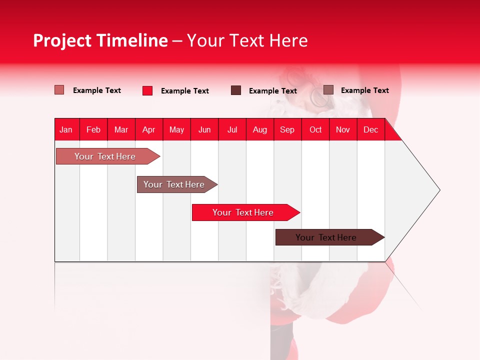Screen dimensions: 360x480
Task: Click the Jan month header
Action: click(x=66, y=130)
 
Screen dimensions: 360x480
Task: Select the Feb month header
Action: click(x=93, y=130)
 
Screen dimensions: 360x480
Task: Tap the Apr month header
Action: click(x=149, y=130)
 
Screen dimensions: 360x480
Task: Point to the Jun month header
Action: click(x=204, y=130)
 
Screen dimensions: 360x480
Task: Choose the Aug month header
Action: click(x=260, y=130)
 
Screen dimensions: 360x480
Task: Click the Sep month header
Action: click(x=287, y=130)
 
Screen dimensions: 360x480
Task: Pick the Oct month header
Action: click(x=315, y=130)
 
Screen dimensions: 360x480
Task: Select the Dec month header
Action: click(x=371, y=130)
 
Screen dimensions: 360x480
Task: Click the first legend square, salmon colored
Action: click(x=59, y=90)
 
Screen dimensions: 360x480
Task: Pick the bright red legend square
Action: click(x=147, y=90)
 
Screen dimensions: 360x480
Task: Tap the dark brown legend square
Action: click(x=236, y=90)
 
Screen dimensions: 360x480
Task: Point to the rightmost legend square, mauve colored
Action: click(x=328, y=90)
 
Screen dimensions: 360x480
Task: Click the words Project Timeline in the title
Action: click(x=100, y=40)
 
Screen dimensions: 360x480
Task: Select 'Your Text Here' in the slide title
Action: click(x=247, y=40)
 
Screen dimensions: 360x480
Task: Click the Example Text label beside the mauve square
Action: click(x=364, y=90)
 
